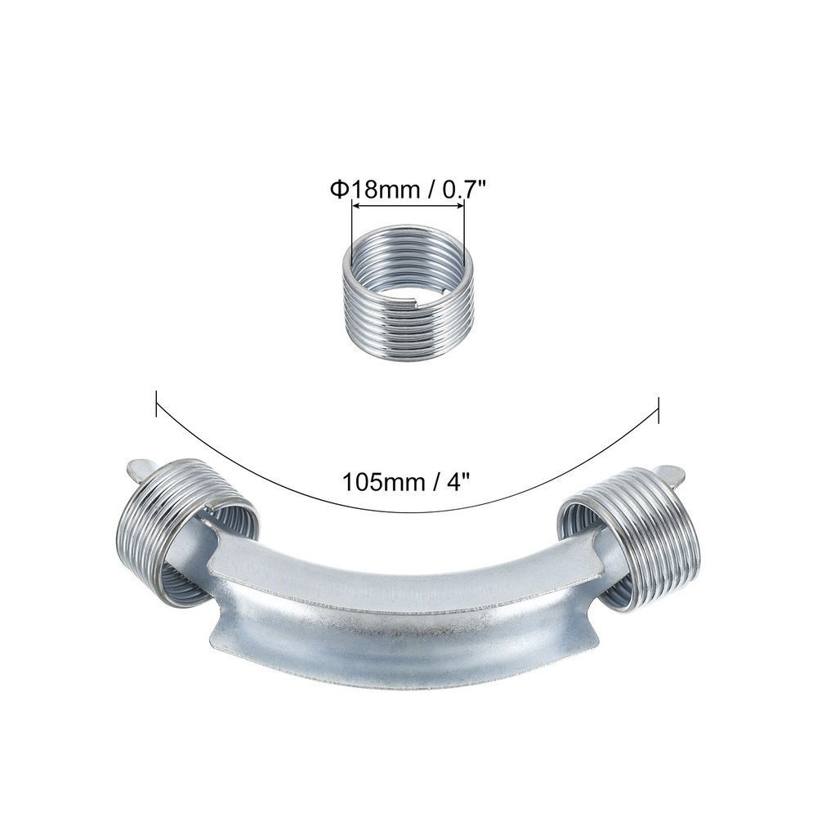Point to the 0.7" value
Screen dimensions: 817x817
pos(462,190)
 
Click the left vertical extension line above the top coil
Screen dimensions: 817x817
pos(352,233)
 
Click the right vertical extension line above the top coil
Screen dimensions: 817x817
pos(464,233)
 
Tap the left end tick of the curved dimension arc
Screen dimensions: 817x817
pos(156,404)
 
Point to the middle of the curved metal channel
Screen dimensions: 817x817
pos(408,629)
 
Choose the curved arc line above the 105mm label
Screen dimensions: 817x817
pos(408,511)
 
